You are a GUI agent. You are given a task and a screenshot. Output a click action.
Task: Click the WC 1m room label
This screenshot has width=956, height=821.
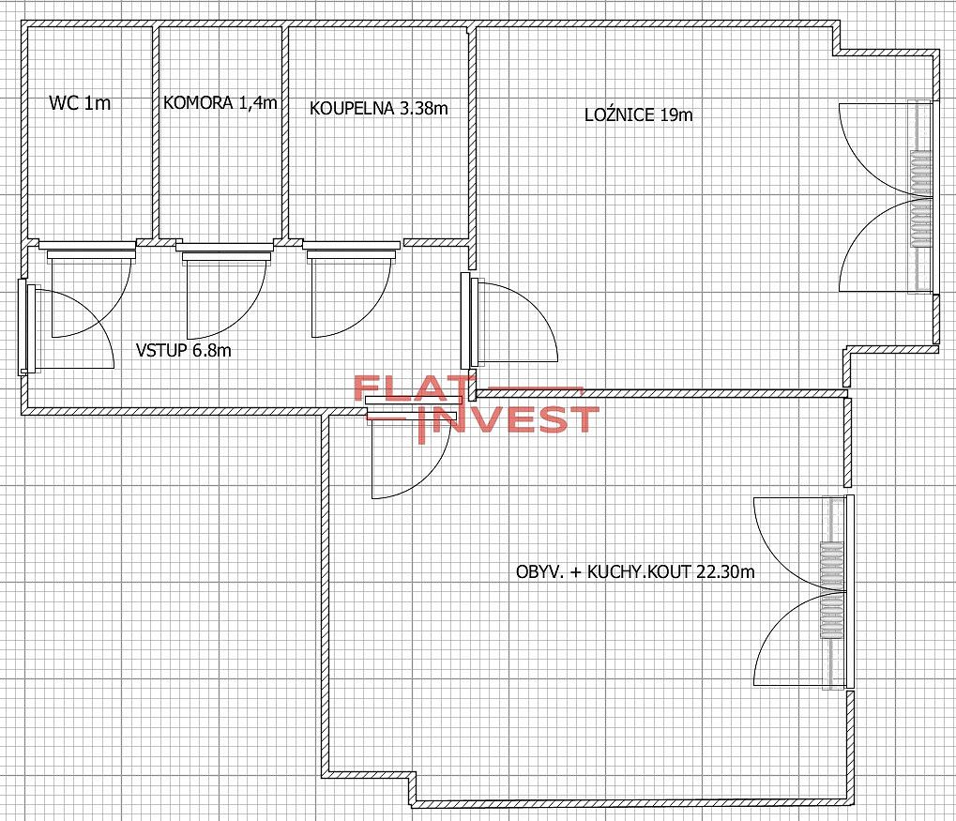[x=80, y=102]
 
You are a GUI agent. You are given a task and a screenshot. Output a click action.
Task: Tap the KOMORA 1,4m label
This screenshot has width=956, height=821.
[x=220, y=102]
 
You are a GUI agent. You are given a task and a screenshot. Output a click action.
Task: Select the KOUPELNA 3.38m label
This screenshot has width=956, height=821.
[x=379, y=109]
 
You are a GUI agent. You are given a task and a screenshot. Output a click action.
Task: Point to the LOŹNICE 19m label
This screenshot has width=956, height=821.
[x=638, y=114]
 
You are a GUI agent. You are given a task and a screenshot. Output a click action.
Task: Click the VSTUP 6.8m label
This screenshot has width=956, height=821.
[x=184, y=350]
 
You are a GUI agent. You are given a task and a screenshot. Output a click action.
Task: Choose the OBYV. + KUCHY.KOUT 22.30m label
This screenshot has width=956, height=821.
[x=635, y=571]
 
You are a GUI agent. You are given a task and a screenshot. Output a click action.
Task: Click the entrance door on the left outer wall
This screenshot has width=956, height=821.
[x=67, y=328]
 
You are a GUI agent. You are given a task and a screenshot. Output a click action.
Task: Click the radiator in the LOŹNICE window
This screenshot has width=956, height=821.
[x=920, y=198]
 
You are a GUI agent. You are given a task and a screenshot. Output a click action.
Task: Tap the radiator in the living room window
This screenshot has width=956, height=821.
[x=830, y=590]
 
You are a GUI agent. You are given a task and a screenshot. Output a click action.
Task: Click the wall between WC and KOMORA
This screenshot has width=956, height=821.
[x=156, y=132]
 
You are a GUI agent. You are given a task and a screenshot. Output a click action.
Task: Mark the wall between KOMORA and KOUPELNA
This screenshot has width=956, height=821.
[x=284, y=132]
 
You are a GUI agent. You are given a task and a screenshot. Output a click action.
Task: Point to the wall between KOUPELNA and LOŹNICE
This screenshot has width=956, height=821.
[x=472, y=146]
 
